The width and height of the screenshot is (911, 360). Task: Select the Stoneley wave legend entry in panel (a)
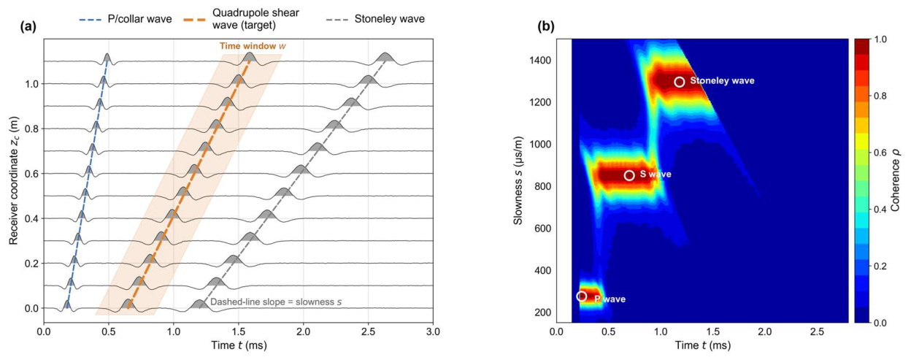pyautogui.click(x=375, y=19)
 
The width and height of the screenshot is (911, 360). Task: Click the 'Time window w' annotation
pyautogui.click(x=253, y=46)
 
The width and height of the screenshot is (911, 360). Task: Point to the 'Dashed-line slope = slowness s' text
pyautogui.click(x=276, y=302)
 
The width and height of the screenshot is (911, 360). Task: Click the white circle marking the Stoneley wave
pyautogui.click(x=679, y=82)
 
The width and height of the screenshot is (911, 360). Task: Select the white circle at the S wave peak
pyautogui.click(x=629, y=175)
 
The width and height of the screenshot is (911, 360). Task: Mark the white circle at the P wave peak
pyautogui.click(x=582, y=296)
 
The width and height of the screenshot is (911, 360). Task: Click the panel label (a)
pyautogui.click(x=28, y=27)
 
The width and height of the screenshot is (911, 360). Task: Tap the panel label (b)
pyautogui.click(x=546, y=27)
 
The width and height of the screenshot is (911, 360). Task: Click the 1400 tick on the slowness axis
pyautogui.click(x=540, y=61)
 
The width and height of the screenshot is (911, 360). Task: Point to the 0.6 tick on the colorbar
pyautogui.click(x=882, y=153)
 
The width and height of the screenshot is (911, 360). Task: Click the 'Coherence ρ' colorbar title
pyautogui.click(x=895, y=180)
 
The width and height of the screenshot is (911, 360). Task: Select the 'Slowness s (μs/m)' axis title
pyautogui.click(x=518, y=180)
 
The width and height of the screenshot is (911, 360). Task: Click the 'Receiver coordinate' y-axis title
pyautogui.click(x=14, y=180)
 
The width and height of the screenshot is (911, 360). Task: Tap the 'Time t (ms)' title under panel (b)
pyautogui.click(x=703, y=345)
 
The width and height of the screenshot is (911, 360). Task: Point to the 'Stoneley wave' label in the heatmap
pyautogui.click(x=722, y=80)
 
